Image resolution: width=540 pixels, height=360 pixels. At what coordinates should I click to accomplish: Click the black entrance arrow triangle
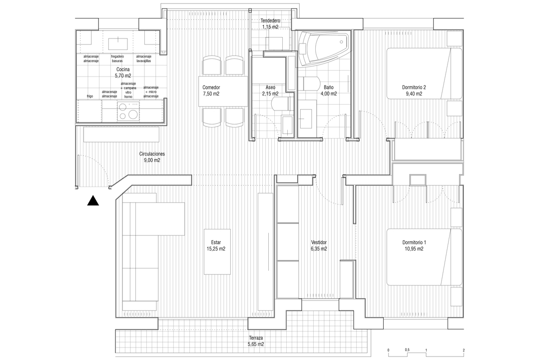93,200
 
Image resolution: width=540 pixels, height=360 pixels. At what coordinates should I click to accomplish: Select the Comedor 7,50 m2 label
211,90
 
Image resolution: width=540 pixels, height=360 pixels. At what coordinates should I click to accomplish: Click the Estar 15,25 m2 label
216,245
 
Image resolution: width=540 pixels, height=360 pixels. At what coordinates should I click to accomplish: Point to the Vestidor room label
319,242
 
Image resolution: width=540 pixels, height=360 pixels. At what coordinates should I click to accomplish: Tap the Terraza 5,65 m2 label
256,340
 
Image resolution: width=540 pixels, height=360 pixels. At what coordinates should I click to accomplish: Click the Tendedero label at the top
270,20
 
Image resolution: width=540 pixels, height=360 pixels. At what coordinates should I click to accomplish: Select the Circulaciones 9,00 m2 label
152,157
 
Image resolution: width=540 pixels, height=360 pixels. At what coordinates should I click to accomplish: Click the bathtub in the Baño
323,48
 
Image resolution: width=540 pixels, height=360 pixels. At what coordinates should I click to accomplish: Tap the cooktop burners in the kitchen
128,111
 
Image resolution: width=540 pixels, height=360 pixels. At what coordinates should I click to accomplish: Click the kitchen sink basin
118,44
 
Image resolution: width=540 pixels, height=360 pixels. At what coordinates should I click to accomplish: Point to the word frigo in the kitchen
89,96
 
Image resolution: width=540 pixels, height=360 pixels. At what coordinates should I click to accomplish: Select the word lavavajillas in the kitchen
143,61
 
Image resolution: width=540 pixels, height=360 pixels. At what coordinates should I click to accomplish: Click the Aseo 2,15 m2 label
270,90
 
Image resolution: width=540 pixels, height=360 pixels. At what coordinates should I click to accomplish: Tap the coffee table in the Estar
217,251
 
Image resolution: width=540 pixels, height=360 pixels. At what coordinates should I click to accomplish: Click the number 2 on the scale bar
464,350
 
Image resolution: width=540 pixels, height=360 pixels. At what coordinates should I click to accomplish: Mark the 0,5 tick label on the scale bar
407,350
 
